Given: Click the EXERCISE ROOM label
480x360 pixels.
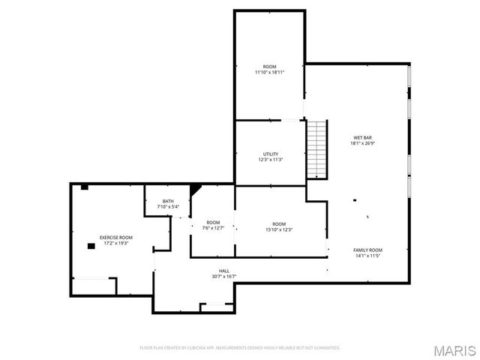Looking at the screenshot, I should click(x=115, y=237).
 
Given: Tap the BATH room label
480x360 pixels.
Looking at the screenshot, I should click(x=169, y=201).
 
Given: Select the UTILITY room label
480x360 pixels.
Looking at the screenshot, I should click(x=270, y=154).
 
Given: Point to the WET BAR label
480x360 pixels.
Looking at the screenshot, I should click(x=363, y=137).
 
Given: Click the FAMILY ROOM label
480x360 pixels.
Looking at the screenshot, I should click(x=367, y=250).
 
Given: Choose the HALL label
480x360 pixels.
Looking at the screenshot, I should click(x=223, y=271).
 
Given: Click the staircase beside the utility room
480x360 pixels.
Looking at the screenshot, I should click(x=318, y=149).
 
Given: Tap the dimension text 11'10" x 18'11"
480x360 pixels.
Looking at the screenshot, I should click(x=268, y=71).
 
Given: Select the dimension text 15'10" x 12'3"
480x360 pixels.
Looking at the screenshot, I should click(x=279, y=229).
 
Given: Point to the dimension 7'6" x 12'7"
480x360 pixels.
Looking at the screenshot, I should click(x=214, y=227).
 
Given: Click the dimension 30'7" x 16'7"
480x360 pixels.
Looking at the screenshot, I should click(x=223, y=276).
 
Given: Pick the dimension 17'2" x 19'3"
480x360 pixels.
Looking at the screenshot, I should click(x=115, y=242).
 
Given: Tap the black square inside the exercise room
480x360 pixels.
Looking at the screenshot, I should click(x=91, y=245).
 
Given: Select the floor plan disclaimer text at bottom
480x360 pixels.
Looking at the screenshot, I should click(x=240, y=348).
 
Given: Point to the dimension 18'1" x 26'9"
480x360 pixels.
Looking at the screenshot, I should click(x=363, y=142).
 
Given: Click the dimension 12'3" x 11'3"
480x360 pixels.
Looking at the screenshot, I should click(x=270, y=159).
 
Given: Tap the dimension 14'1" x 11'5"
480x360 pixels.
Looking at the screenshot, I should click(x=367, y=255).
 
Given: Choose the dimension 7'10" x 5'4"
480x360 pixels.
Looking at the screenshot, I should click(x=169, y=206).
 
